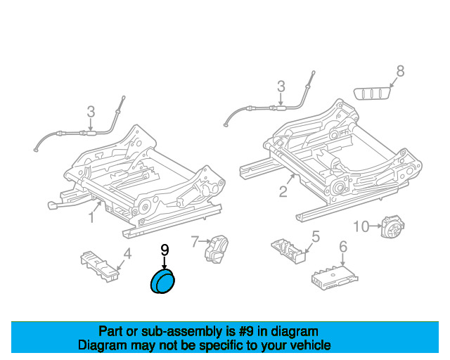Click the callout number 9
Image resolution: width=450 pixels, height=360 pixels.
pyautogui.click(x=165, y=250)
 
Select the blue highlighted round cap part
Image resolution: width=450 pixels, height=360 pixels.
pyautogui.click(x=165, y=282)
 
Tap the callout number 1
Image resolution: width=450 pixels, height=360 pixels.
pyautogui.click(x=91, y=218)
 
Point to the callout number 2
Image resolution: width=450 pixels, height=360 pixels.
pyautogui.click(x=283, y=191)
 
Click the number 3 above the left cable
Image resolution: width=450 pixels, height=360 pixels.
pyautogui.click(x=91, y=111)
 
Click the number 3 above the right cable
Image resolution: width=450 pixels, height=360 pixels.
pyautogui.click(x=281, y=86)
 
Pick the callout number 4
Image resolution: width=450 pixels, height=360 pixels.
pyautogui.click(x=127, y=254)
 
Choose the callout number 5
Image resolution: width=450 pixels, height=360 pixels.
pyautogui.click(x=316, y=236)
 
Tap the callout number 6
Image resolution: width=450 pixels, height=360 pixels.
pyautogui.click(x=343, y=247)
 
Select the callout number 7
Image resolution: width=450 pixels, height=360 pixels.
pyautogui.click(x=195, y=241)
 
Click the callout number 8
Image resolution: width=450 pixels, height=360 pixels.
pyautogui.click(x=400, y=70)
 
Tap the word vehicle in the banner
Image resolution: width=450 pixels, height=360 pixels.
pyautogui.click(x=310, y=345)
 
